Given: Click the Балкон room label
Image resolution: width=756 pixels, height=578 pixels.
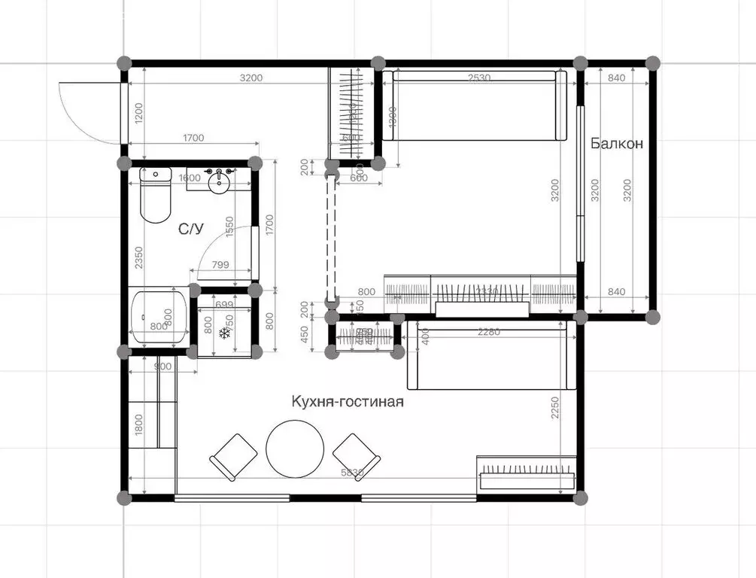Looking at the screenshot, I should point(616,143).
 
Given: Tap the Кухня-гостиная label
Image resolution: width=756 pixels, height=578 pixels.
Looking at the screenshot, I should point(348,402).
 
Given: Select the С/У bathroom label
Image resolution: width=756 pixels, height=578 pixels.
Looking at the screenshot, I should point(190,228).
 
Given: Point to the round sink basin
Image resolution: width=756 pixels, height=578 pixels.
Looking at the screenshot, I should point(220,182).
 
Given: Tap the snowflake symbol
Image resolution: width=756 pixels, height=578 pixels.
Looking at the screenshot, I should point(224,333).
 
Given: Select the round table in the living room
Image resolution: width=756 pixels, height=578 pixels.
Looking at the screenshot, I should point(295,448).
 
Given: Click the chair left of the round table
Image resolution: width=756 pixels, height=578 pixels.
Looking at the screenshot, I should point(234,456).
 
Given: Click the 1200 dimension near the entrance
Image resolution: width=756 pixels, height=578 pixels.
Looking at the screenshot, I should point(138,113).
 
